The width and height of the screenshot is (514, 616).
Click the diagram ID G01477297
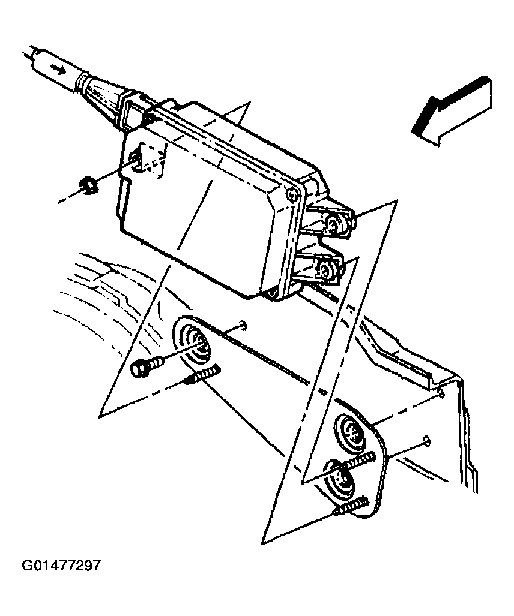pyautogui.click(x=62, y=566)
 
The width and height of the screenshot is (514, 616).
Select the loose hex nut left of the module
pyautogui.click(x=89, y=185)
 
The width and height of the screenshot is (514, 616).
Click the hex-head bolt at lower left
pyautogui.click(x=145, y=366)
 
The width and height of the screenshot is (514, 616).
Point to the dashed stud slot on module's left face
pyautogui.click(x=144, y=160)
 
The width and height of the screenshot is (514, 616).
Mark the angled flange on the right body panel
pyautogui.click(x=408, y=360)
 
